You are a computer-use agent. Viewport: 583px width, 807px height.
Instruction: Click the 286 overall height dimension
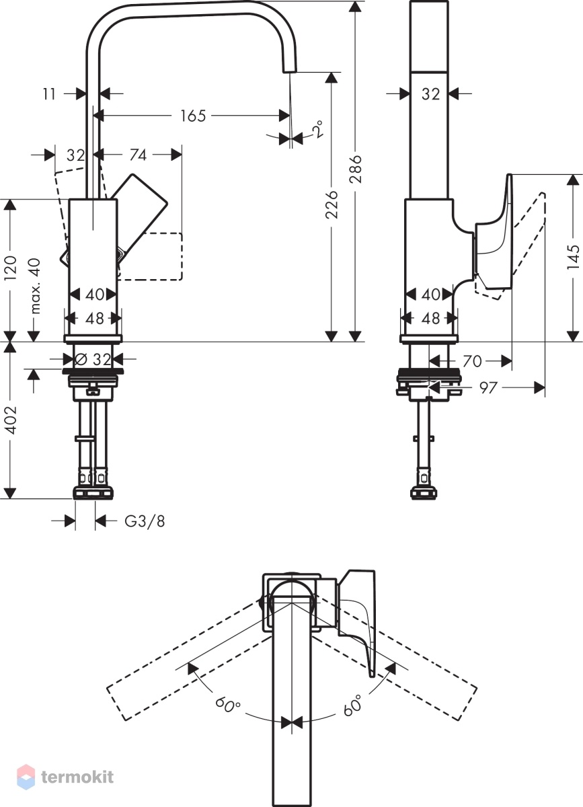pos(356,169)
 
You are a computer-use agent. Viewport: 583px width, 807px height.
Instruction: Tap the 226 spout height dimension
pos(332,204)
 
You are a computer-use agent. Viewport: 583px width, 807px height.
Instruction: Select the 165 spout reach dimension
pos(193,116)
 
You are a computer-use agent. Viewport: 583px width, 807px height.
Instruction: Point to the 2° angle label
pos(317,128)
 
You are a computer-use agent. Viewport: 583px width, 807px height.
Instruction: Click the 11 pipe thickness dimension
pos(49,94)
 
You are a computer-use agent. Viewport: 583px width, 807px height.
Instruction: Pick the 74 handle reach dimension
pos(139,155)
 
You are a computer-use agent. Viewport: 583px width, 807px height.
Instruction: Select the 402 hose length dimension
pos(11,420)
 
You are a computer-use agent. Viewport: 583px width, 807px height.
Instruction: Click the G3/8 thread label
pos(145,521)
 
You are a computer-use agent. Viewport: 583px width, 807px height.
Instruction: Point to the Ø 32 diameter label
pos(93,359)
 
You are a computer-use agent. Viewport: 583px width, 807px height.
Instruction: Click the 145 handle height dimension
pos(574,257)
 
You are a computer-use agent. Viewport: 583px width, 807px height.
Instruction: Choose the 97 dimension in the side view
pos(488,388)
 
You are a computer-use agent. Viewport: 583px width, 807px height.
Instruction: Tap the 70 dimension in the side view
pos(472,361)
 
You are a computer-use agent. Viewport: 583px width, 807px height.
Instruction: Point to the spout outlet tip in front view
pos(290,71)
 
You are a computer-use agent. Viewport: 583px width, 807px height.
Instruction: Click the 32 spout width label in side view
pos(430,94)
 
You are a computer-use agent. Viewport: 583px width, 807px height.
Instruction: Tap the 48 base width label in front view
pos(95,319)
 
